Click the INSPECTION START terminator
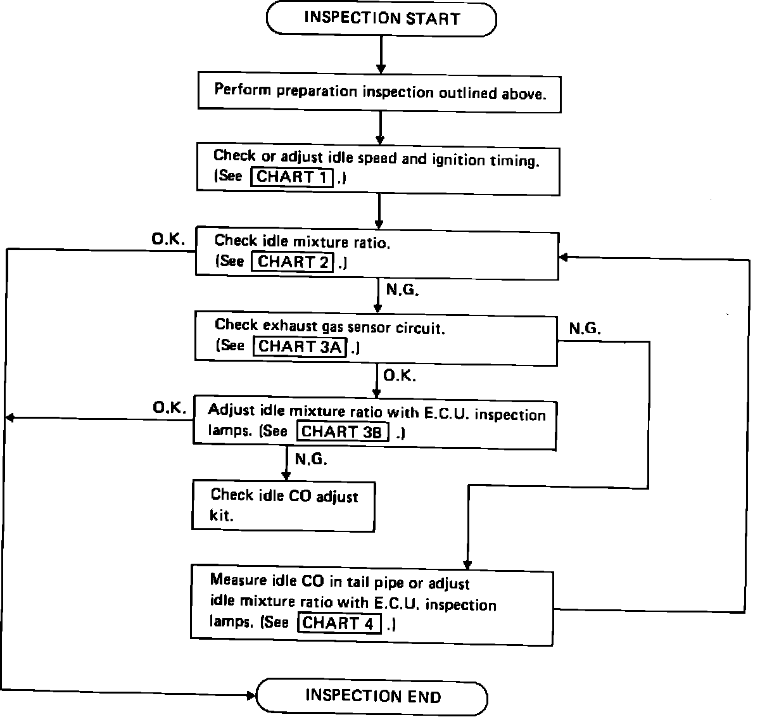point(381,18)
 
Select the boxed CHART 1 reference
point(291,177)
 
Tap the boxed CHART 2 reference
point(293,262)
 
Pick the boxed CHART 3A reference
point(300,346)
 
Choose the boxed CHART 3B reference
point(343,431)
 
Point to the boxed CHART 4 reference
point(339,623)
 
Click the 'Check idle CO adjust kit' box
point(284,506)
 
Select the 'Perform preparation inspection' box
point(379,92)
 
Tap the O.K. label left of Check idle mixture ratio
point(168,239)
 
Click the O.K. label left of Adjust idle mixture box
point(170,408)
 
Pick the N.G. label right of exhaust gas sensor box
point(585,328)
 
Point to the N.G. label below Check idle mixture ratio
point(403,289)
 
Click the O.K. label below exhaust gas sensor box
point(400,375)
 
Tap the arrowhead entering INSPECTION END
point(251,695)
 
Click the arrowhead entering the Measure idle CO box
point(467,564)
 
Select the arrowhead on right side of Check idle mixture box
point(564,257)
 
